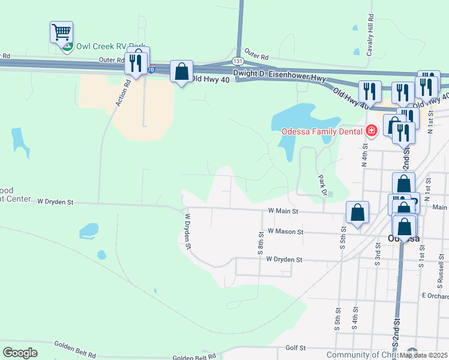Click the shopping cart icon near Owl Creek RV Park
coord(62,32)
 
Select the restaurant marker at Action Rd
coord(135,61)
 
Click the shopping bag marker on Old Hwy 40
coord(181,72)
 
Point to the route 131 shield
coord(238,62)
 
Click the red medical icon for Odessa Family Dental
coord(371,130)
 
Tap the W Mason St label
coord(286,231)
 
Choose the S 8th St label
coord(261,244)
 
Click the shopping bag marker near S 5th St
coord(357,212)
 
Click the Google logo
coord(20,353)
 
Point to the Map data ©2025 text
coord(423,355)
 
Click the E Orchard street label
coord(435,296)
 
